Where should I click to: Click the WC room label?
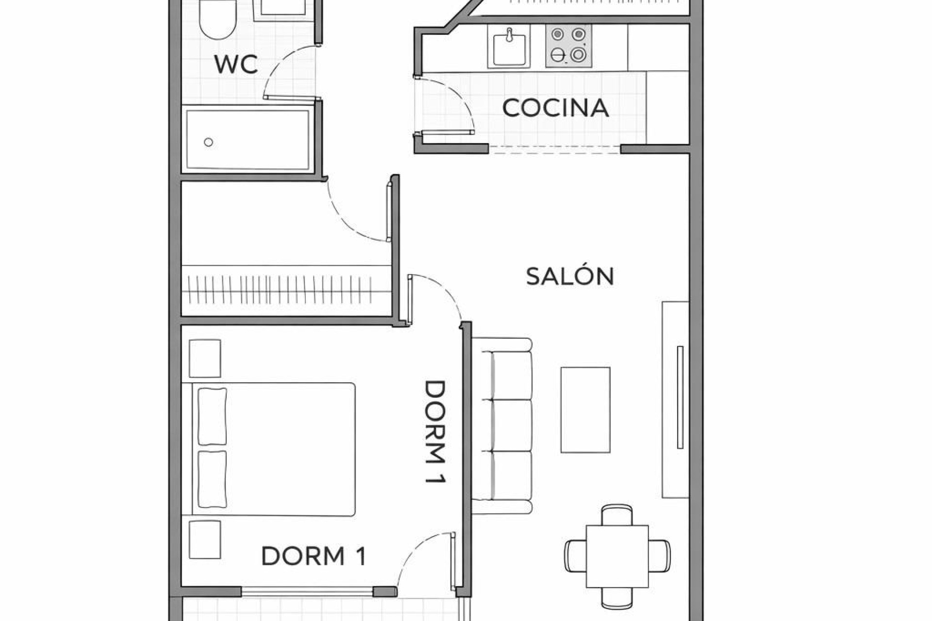coord(236,65)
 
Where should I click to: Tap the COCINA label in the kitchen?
coord(555,108)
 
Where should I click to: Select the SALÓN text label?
coord(570,276)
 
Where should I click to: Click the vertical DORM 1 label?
coord(435,431)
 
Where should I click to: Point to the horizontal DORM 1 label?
coord(314,556)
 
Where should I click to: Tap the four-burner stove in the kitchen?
coord(568,45)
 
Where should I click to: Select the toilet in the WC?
coord(217,19)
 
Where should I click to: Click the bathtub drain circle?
coord(208,142)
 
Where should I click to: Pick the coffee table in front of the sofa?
coord(585,410)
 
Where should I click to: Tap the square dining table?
coord(617,556)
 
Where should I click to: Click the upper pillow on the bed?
coord(212,416)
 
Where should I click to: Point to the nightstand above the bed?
coord(205,358)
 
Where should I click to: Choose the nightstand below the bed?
coord(205,540)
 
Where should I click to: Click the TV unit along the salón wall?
coord(675,399)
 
